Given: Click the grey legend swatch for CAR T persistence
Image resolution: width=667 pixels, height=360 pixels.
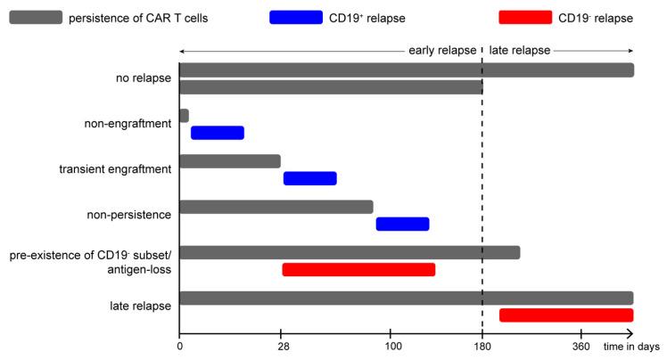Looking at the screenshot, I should (36, 17).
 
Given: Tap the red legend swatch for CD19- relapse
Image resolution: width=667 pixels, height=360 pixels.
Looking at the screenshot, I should (526, 17).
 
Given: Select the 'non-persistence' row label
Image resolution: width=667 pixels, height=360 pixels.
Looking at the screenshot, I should (129, 215).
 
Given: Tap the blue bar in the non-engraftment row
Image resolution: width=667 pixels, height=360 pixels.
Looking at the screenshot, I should (217, 133).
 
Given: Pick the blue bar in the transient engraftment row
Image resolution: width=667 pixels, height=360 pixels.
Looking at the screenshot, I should (309, 178).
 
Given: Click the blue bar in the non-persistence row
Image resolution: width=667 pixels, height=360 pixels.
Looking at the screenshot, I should (402, 224).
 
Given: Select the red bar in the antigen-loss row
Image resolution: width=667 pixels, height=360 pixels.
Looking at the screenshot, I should (358, 269).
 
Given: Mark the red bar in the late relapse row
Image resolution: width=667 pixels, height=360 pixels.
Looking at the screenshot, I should (566, 315).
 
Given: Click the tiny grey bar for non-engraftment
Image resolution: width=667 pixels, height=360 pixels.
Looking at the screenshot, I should (184, 115).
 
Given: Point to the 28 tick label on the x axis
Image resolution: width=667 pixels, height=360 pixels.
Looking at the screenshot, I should (282, 346).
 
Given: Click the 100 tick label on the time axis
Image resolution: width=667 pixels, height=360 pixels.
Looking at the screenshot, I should (390, 346).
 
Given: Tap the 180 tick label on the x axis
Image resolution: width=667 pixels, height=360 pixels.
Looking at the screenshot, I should (482, 346).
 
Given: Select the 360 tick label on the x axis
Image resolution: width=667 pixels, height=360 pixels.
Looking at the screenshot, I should (581, 346).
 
